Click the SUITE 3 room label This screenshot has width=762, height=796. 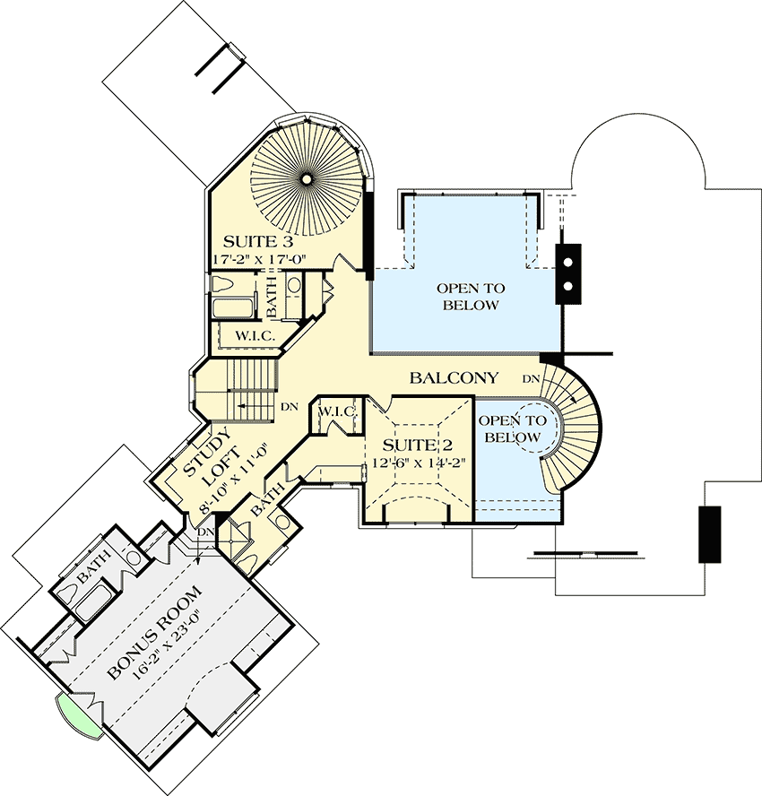(x=257, y=242)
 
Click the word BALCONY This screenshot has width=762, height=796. (x=454, y=378)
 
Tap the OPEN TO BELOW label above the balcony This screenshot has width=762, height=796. (x=470, y=297)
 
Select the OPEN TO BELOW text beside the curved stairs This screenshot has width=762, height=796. (x=512, y=428)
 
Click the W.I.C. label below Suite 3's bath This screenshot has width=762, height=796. (x=254, y=335)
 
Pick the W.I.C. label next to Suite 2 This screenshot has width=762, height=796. (x=337, y=411)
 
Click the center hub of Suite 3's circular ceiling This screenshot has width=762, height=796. (x=306, y=179)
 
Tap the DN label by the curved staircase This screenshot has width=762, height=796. (x=531, y=378)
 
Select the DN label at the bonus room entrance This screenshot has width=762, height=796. (x=205, y=532)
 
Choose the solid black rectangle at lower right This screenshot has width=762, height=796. (x=710, y=534)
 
